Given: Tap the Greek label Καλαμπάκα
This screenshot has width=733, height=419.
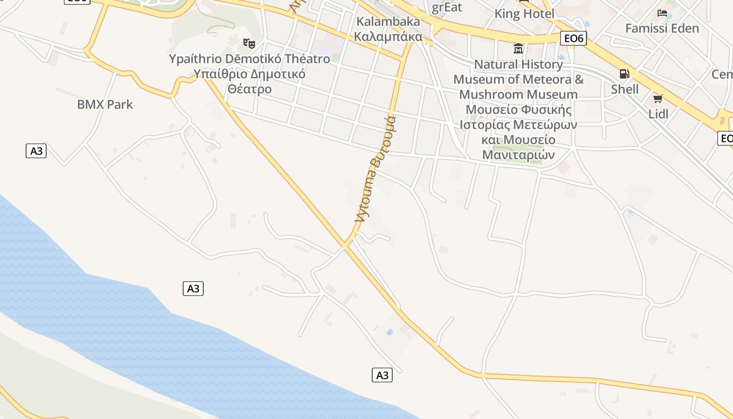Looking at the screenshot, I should [x=388, y=36].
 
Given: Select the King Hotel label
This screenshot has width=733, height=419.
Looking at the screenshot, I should [x=524, y=14].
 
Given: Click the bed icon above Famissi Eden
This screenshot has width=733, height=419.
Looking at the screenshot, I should [x=662, y=13].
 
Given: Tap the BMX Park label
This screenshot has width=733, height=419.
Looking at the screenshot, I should [x=105, y=104].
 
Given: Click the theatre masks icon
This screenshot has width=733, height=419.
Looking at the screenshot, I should [x=249, y=43].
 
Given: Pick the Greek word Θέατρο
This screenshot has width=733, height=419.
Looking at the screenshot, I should [x=250, y=89].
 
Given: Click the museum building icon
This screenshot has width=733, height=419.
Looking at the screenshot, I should [x=518, y=49].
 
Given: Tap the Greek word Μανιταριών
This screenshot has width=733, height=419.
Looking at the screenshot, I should [x=518, y=155].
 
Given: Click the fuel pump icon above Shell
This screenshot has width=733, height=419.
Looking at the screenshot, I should [x=624, y=74].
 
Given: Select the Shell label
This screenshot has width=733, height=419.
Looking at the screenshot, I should [x=625, y=89].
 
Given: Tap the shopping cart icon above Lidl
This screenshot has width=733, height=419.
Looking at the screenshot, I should [x=658, y=98].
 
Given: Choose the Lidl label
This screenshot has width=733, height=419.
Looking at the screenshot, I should [x=658, y=114].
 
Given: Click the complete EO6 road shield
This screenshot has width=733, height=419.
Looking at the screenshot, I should [x=573, y=38].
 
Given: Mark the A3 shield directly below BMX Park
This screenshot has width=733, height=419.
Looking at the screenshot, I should [x=36, y=151].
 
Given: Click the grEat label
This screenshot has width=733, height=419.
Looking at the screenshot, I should [x=447, y=7].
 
